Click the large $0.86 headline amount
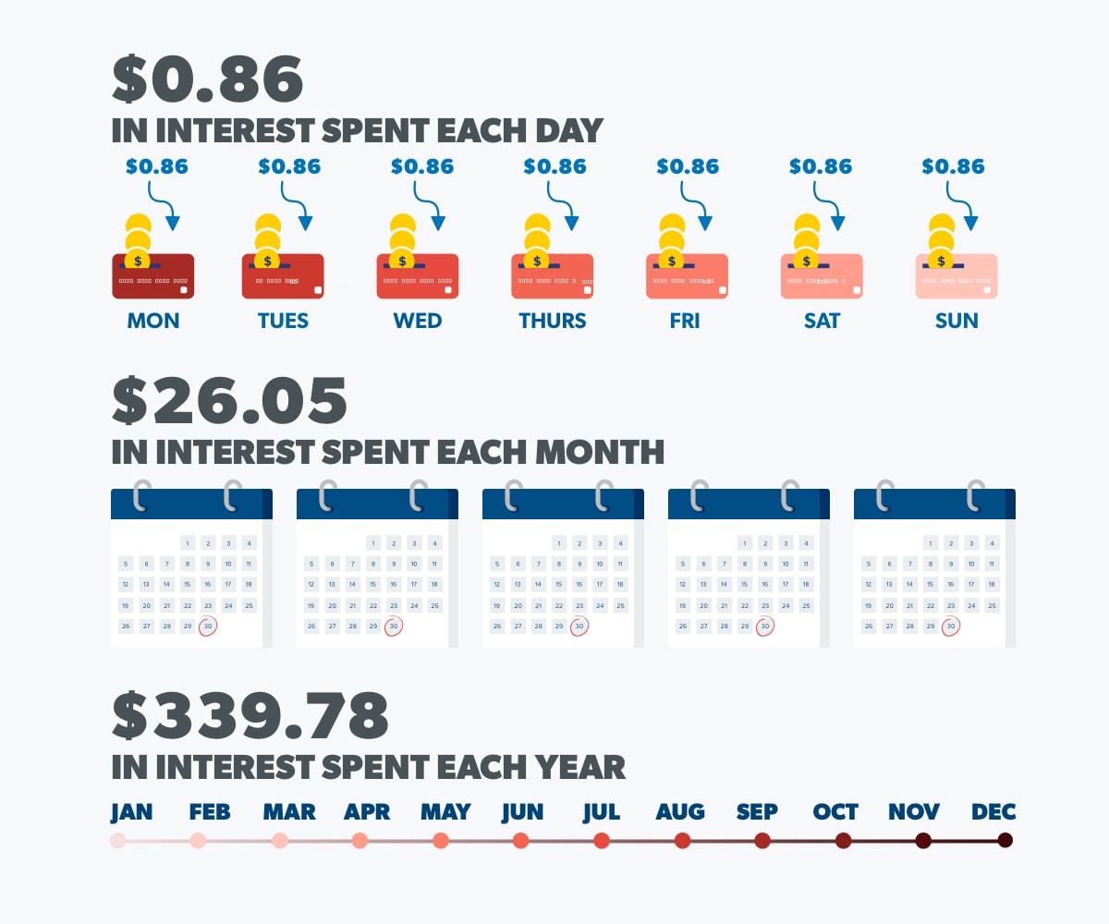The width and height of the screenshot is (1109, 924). point(207,79)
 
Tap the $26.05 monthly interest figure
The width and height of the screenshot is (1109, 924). point(229,400)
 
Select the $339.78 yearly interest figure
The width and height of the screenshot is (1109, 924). point(250,715)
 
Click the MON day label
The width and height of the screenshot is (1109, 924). point(153,322)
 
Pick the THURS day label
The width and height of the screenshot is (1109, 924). point(553,322)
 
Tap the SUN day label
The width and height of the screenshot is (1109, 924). point(957,322)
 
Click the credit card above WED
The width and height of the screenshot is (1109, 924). point(418,275)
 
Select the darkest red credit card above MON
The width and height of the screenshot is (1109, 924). point(153,275)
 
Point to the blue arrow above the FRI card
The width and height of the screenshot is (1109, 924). point(696,205)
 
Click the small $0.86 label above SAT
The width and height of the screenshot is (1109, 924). point(821,166)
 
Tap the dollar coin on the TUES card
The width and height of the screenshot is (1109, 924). point(268,260)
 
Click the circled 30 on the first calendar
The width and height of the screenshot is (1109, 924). point(208,626)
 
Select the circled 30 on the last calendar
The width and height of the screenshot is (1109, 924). point(951,626)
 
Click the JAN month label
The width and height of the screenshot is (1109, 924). point(131,812)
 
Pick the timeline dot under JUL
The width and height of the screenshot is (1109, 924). point(602,841)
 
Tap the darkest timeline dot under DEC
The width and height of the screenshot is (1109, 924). point(1005,841)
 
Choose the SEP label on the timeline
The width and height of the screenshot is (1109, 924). point(757,812)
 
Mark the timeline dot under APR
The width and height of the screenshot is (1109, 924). point(360,841)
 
